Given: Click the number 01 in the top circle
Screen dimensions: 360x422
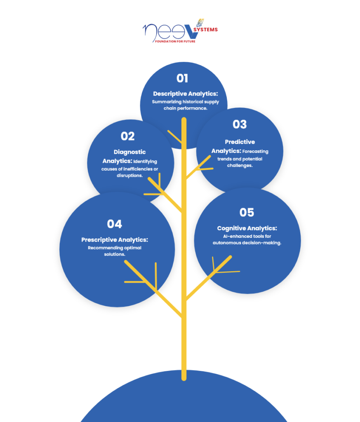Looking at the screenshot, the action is point(182,78).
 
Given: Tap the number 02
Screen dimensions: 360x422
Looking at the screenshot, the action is point(128,136).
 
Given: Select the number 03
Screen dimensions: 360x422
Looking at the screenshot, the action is point(240,124).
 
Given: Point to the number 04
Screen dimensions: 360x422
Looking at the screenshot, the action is point(115,224).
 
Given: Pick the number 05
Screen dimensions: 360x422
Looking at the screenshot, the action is point(247,212).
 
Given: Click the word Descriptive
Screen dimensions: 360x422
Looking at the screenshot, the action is point(170,94).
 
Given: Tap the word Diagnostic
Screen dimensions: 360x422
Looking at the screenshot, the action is point(129,152).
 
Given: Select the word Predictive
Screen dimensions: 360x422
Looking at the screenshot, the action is point(240,142).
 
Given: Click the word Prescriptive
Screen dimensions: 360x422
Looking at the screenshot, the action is point(99,240).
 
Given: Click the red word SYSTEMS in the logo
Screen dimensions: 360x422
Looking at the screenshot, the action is point(206,30).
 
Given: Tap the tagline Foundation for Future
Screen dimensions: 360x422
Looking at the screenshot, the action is point(175,42).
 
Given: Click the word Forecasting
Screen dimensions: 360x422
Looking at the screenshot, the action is point(255,152).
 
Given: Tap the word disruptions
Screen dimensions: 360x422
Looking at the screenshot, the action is point(129,176).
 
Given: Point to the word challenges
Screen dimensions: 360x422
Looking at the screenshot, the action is point(240,166).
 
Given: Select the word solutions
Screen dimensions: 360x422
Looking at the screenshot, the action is point(115,254).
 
